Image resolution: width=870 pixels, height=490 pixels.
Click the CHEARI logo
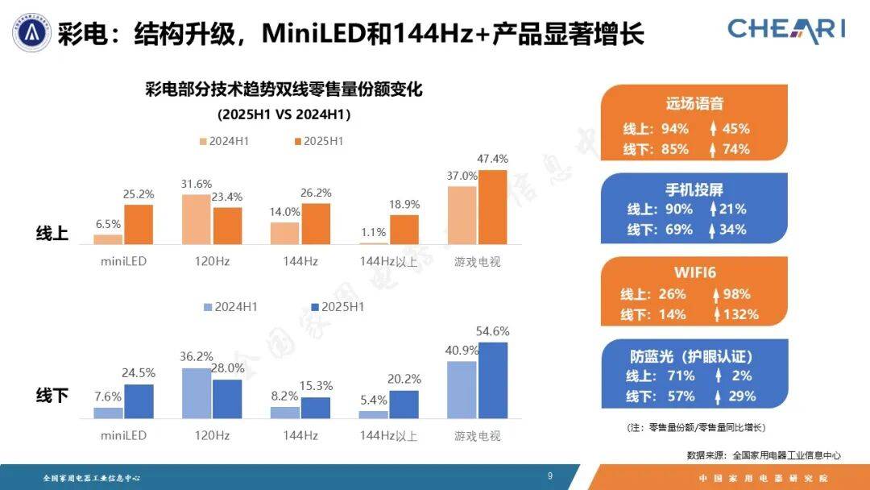(x=786, y=30)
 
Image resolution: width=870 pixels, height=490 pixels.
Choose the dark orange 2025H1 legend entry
(x=319, y=141)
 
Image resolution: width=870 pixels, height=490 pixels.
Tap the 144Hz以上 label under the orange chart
(x=387, y=262)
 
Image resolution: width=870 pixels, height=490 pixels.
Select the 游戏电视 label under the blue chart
(x=477, y=436)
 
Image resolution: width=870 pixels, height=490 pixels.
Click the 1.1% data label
(x=373, y=232)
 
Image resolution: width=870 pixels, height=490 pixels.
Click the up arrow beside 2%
(x=717, y=376)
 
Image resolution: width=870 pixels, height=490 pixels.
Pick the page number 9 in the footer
(x=550, y=476)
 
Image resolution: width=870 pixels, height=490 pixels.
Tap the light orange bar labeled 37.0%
(x=462, y=215)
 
